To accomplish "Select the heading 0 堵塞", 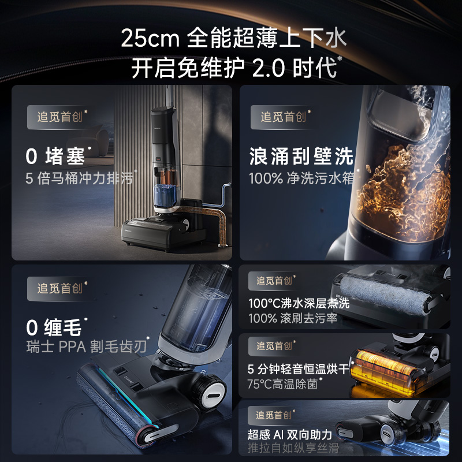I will pyautogui.click(x=55, y=155).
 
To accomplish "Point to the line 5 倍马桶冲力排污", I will pyautogui.click(x=79, y=177).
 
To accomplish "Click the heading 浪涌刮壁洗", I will pyautogui.click(x=301, y=155).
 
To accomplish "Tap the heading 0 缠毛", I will pyautogui.click(x=55, y=327).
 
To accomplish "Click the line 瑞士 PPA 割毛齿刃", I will pyautogui.click(x=86, y=348).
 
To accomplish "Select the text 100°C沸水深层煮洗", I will pyautogui.click(x=299, y=303).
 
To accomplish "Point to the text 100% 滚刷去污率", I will pyautogui.click(x=293, y=318).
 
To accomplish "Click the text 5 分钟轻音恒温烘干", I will pyautogui.click(x=299, y=368).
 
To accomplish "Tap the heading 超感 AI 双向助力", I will pyautogui.click(x=290, y=434).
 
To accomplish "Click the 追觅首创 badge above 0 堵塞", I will pyautogui.click(x=60, y=117).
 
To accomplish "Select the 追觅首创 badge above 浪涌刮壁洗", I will pyautogui.click(x=283, y=117).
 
